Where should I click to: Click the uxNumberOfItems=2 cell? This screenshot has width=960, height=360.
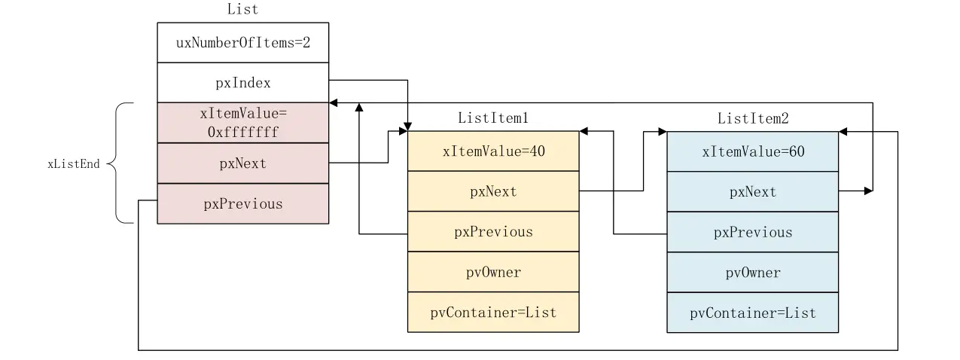pos(242,42)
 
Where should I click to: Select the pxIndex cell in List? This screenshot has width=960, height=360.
pos(242,83)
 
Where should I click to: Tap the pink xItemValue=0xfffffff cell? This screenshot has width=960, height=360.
pos(242,123)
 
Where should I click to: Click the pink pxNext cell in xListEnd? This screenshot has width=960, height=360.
pos(242,163)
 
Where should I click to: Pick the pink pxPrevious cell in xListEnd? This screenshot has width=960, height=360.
pos(242,204)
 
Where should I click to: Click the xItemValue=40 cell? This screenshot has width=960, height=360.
pos(493,151)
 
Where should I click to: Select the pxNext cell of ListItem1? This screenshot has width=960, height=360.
pos(493,191)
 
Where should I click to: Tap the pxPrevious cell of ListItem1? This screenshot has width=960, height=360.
pos(493,232)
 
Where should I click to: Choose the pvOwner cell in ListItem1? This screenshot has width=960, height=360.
pos(493,272)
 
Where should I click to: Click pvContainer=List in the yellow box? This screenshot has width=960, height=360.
pos(493,313)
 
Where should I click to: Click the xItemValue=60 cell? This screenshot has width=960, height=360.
pos(752,151)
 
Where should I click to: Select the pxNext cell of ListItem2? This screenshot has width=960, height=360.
pos(752,191)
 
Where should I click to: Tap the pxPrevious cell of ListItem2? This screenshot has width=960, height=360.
pos(752,232)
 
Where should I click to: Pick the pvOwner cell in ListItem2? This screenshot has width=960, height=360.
pos(752,272)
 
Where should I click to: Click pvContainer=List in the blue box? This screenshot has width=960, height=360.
pos(752,313)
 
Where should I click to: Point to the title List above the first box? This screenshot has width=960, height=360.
pos(242,10)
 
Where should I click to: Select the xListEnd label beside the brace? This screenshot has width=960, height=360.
pos(73,163)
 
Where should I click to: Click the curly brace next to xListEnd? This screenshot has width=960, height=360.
pos(121,163)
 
